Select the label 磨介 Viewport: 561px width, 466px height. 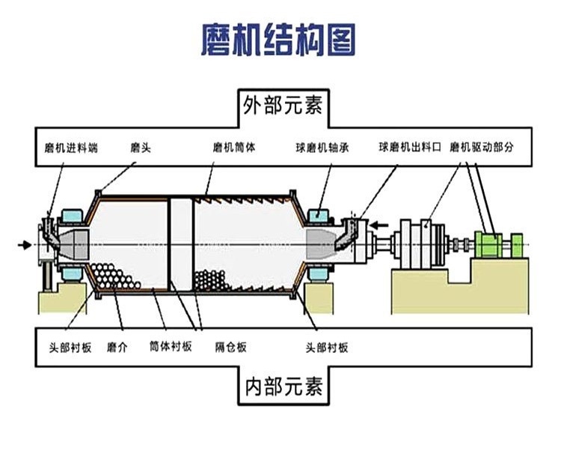click(x=117, y=347)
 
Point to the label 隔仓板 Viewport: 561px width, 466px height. click(x=231, y=347)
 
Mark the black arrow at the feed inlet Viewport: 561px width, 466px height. click(x=26, y=244)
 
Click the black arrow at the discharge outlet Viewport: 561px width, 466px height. click(x=381, y=223)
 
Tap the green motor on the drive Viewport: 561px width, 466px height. click(x=491, y=244)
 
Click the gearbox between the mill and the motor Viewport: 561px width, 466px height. click(x=420, y=243)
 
